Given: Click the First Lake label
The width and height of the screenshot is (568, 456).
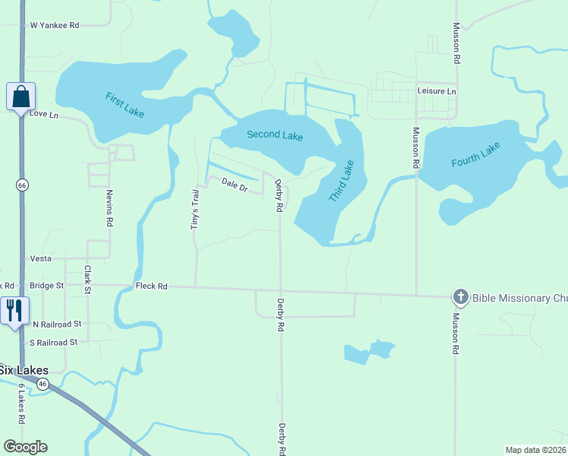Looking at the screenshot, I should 125,105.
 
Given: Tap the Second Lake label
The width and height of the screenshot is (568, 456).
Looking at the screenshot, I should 275,135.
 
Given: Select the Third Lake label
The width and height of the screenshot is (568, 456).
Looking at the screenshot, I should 341,181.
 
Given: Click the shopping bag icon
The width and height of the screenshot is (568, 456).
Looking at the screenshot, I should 21,97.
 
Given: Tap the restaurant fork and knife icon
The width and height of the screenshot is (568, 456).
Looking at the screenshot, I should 14,311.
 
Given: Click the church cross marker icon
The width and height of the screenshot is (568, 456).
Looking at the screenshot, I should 460,297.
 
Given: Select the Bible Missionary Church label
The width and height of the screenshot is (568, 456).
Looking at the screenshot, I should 519,298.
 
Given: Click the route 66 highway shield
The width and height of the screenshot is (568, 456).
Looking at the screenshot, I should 22,185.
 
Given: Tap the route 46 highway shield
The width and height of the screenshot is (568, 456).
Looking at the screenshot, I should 43,385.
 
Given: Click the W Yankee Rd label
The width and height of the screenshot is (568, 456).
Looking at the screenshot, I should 55,25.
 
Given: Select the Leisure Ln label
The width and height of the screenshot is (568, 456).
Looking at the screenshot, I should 437,91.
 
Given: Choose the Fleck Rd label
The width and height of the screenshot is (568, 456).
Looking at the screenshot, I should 151,287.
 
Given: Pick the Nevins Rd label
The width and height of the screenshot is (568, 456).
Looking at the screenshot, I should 109,208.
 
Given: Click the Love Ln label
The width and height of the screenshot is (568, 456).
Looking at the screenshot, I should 44,115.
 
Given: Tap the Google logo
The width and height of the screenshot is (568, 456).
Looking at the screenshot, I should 25,447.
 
